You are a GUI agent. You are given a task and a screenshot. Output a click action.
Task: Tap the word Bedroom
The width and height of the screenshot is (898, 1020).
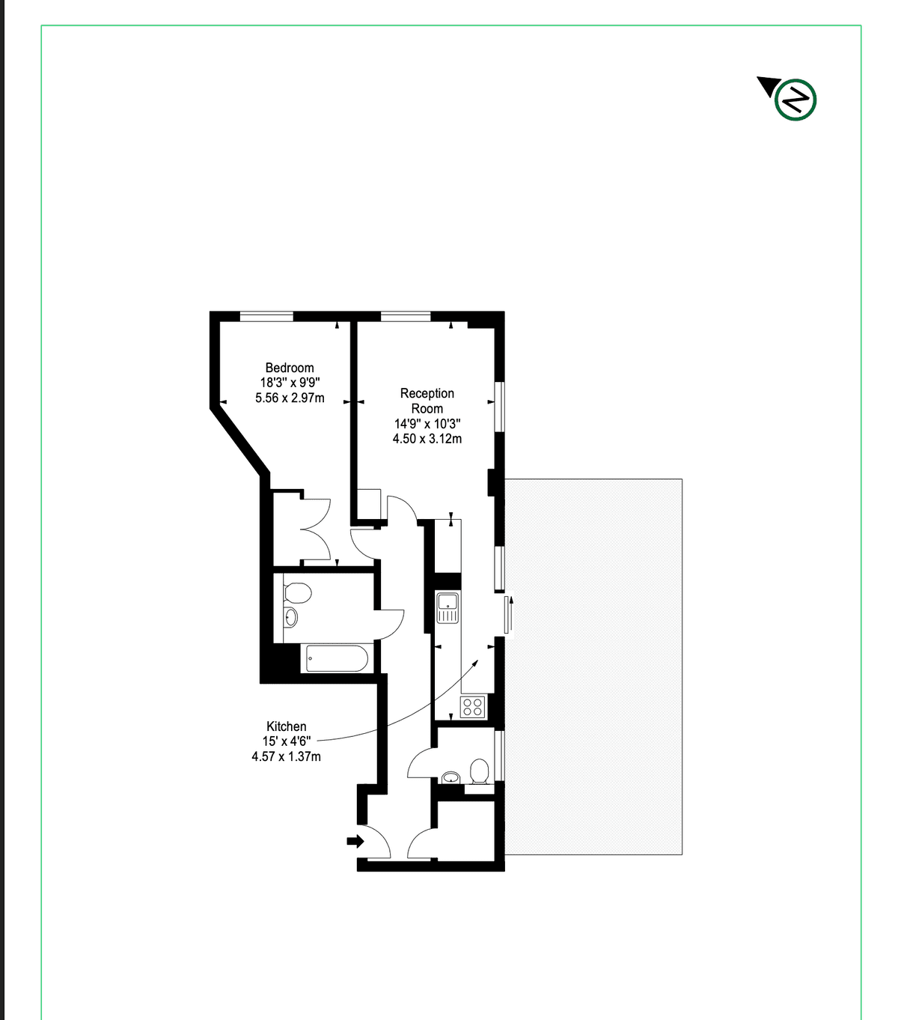290,368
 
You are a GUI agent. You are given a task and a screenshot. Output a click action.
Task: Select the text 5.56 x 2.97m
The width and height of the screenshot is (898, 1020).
290,398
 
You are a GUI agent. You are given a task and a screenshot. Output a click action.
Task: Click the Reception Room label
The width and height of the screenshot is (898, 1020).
427,401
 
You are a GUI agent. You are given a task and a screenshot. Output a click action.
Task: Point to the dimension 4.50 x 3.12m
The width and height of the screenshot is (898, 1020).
427,439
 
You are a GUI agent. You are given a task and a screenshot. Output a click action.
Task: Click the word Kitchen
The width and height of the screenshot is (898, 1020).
287,726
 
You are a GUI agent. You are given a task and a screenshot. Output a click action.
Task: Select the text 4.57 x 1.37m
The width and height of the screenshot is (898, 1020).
287,756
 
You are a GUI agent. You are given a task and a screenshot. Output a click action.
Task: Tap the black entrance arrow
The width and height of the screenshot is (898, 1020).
355,841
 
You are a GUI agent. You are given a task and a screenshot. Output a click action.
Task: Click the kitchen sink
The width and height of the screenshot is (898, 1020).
448,607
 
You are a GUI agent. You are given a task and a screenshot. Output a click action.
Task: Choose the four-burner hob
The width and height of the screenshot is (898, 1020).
472,706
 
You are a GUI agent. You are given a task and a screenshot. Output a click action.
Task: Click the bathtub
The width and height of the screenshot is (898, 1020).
337,658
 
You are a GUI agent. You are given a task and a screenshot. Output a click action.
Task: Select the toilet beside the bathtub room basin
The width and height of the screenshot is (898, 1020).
297,592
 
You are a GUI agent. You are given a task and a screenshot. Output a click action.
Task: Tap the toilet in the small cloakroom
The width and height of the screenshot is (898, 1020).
480,772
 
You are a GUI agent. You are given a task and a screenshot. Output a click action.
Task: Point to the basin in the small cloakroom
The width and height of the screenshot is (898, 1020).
450,777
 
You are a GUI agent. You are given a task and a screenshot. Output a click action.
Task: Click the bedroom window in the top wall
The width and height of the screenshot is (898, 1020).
266,316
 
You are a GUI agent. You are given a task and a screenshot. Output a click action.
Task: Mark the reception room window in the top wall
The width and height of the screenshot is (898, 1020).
406,316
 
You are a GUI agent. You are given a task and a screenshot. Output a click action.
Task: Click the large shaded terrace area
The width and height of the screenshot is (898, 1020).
593,667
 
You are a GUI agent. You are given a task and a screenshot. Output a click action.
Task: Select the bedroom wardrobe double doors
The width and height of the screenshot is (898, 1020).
316,529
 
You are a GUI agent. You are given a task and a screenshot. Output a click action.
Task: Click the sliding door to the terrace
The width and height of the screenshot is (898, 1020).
508,614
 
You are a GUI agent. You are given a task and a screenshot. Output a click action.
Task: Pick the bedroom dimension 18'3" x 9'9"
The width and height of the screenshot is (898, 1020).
290,383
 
